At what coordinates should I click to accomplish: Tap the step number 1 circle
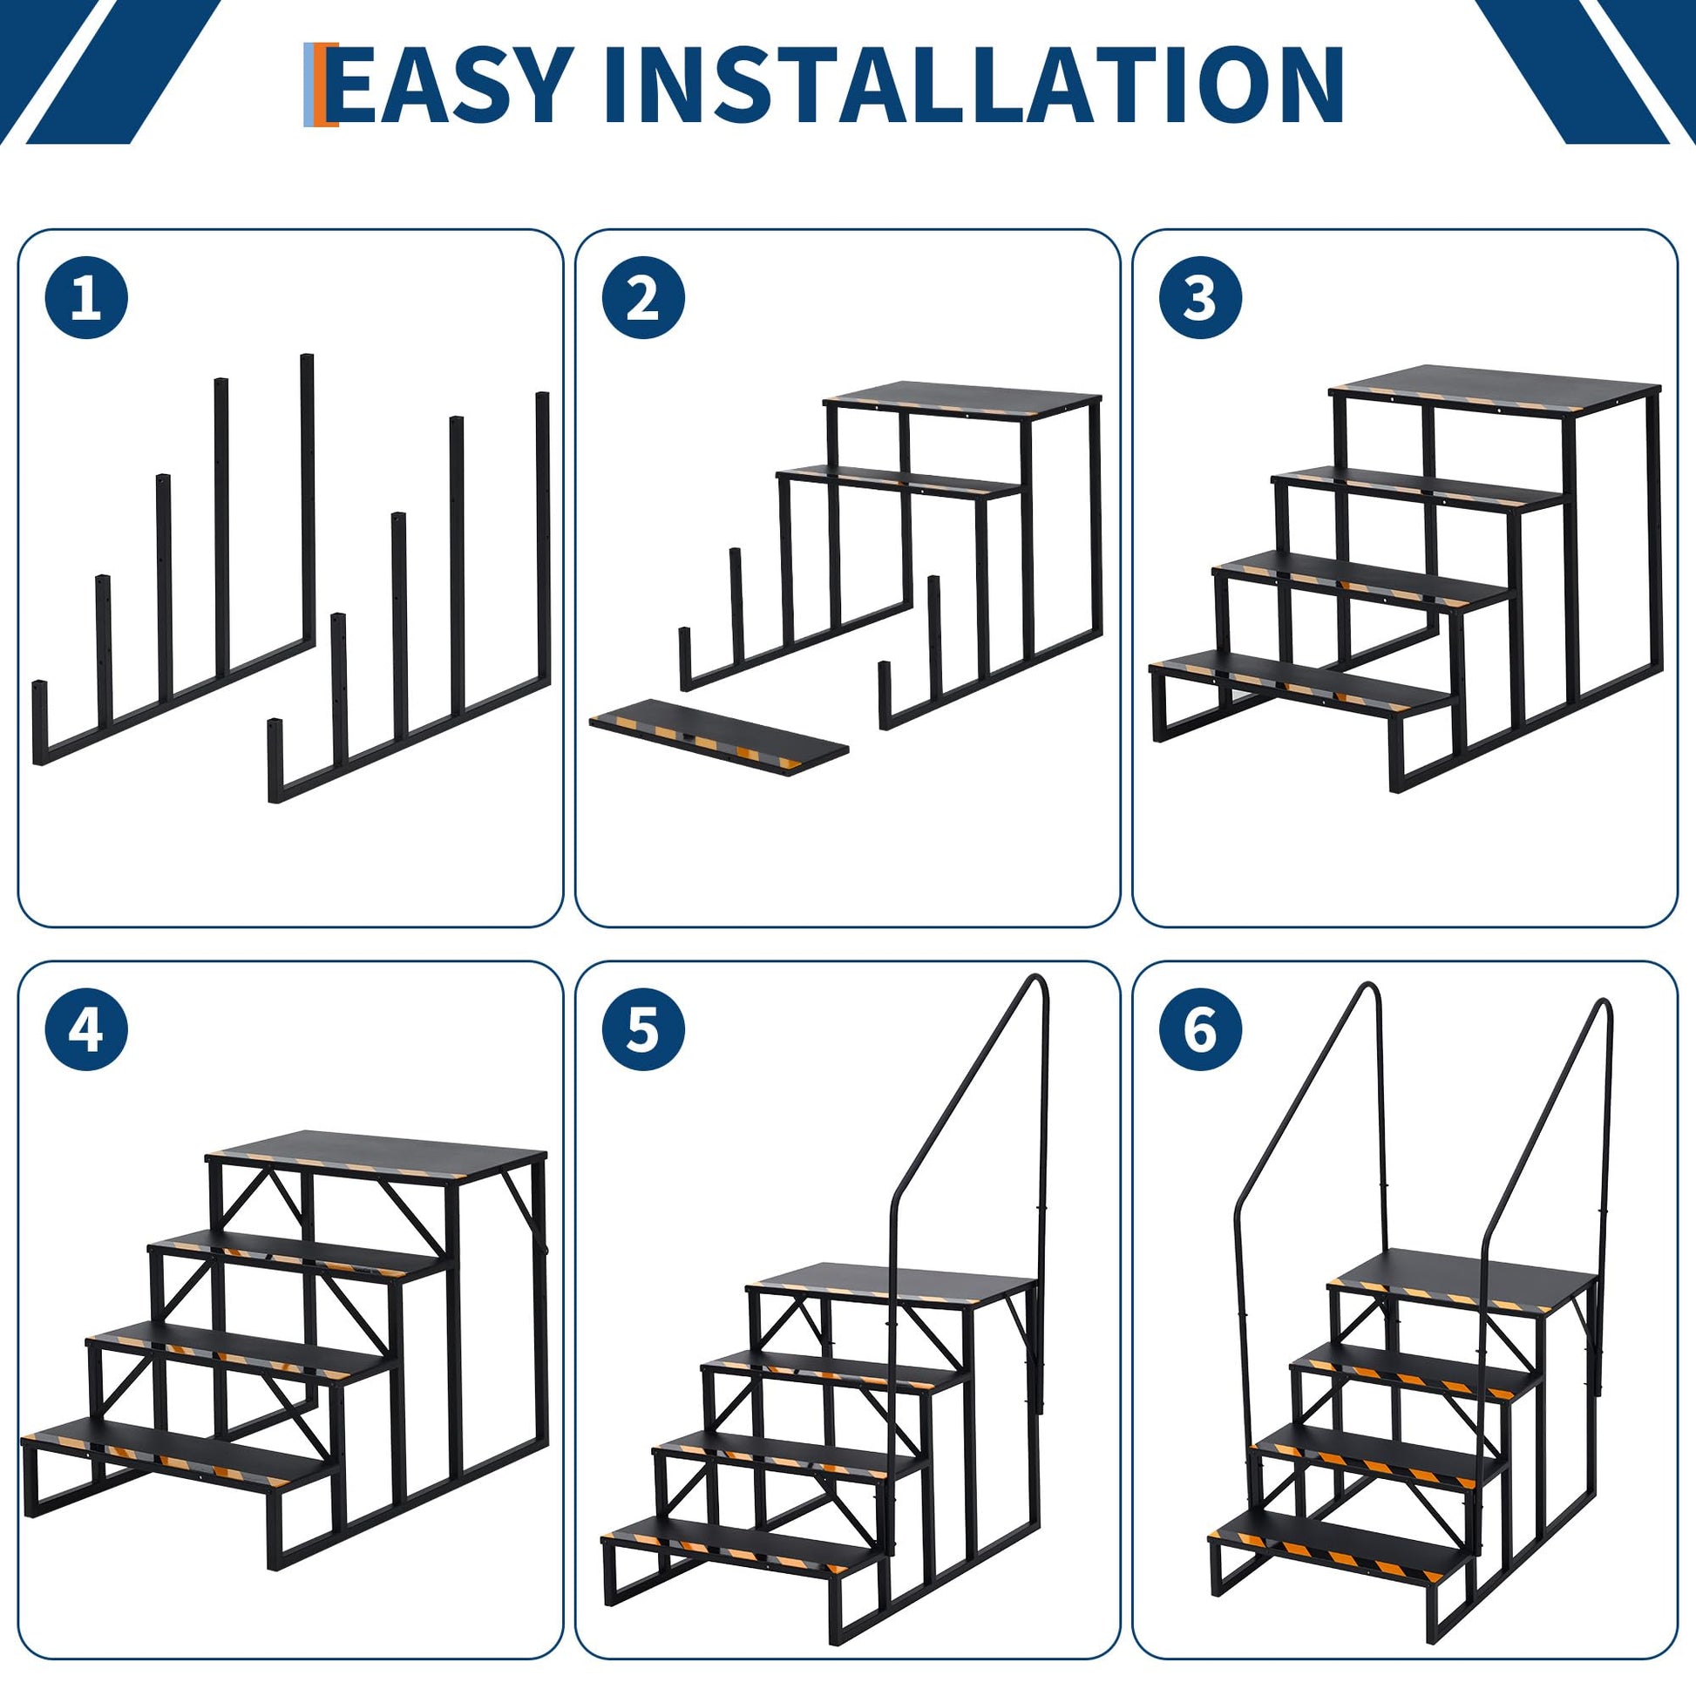pyautogui.click(x=86, y=298)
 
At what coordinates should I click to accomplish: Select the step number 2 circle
pyautogui.click(x=643, y=298)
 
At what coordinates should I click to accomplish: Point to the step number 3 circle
pyautogui.click(x=1201, y=298)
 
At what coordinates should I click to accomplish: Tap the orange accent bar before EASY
pyautogui.click(x=330, y=84)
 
